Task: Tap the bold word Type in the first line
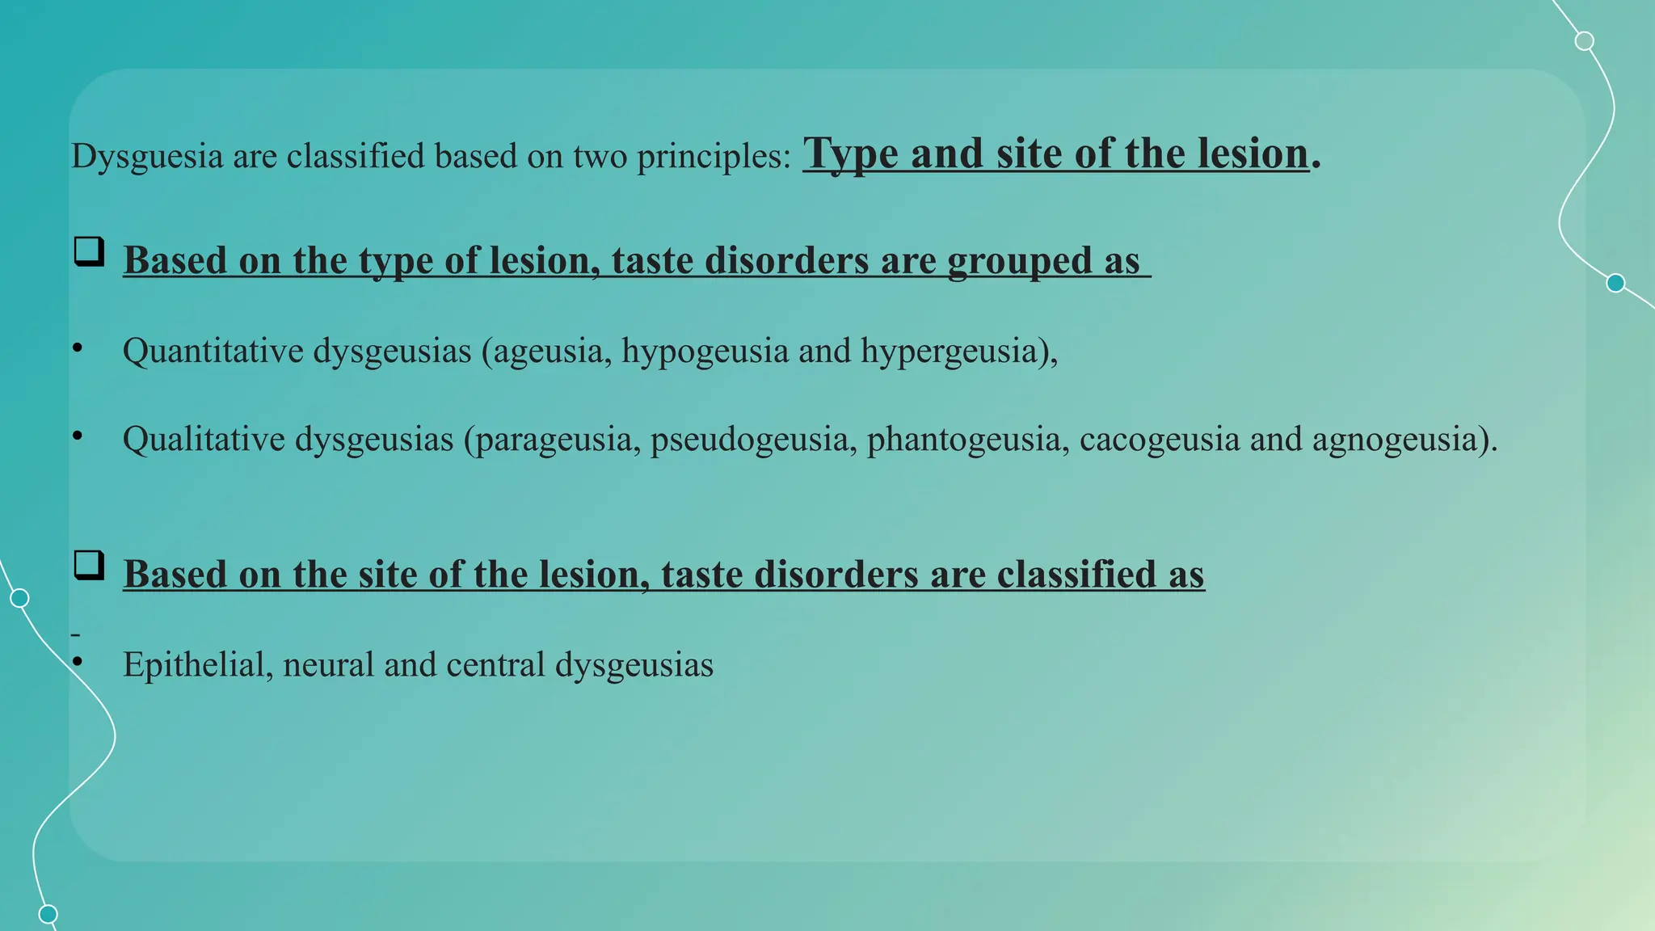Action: (850, 154)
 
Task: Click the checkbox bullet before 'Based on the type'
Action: (89, 251)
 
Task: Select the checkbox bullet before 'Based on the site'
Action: (89, 565)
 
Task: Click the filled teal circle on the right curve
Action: (1615, 283)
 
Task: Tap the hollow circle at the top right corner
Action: (1585, 40)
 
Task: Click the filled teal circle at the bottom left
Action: (48, 914)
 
